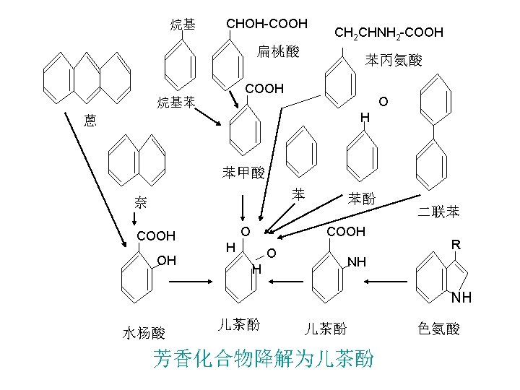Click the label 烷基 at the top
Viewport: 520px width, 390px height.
point(183,25)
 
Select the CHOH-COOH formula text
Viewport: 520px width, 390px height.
point(267,25)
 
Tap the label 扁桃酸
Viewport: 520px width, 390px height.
point(278,51)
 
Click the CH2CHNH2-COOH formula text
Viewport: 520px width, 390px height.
point(388,32)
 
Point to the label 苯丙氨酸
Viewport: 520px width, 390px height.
point(394,60)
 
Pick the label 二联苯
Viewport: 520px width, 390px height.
point(438,212)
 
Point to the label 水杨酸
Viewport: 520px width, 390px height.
point(144,333)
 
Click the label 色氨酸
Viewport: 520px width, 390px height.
point(438,329)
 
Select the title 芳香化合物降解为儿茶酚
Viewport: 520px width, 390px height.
point(264,358)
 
